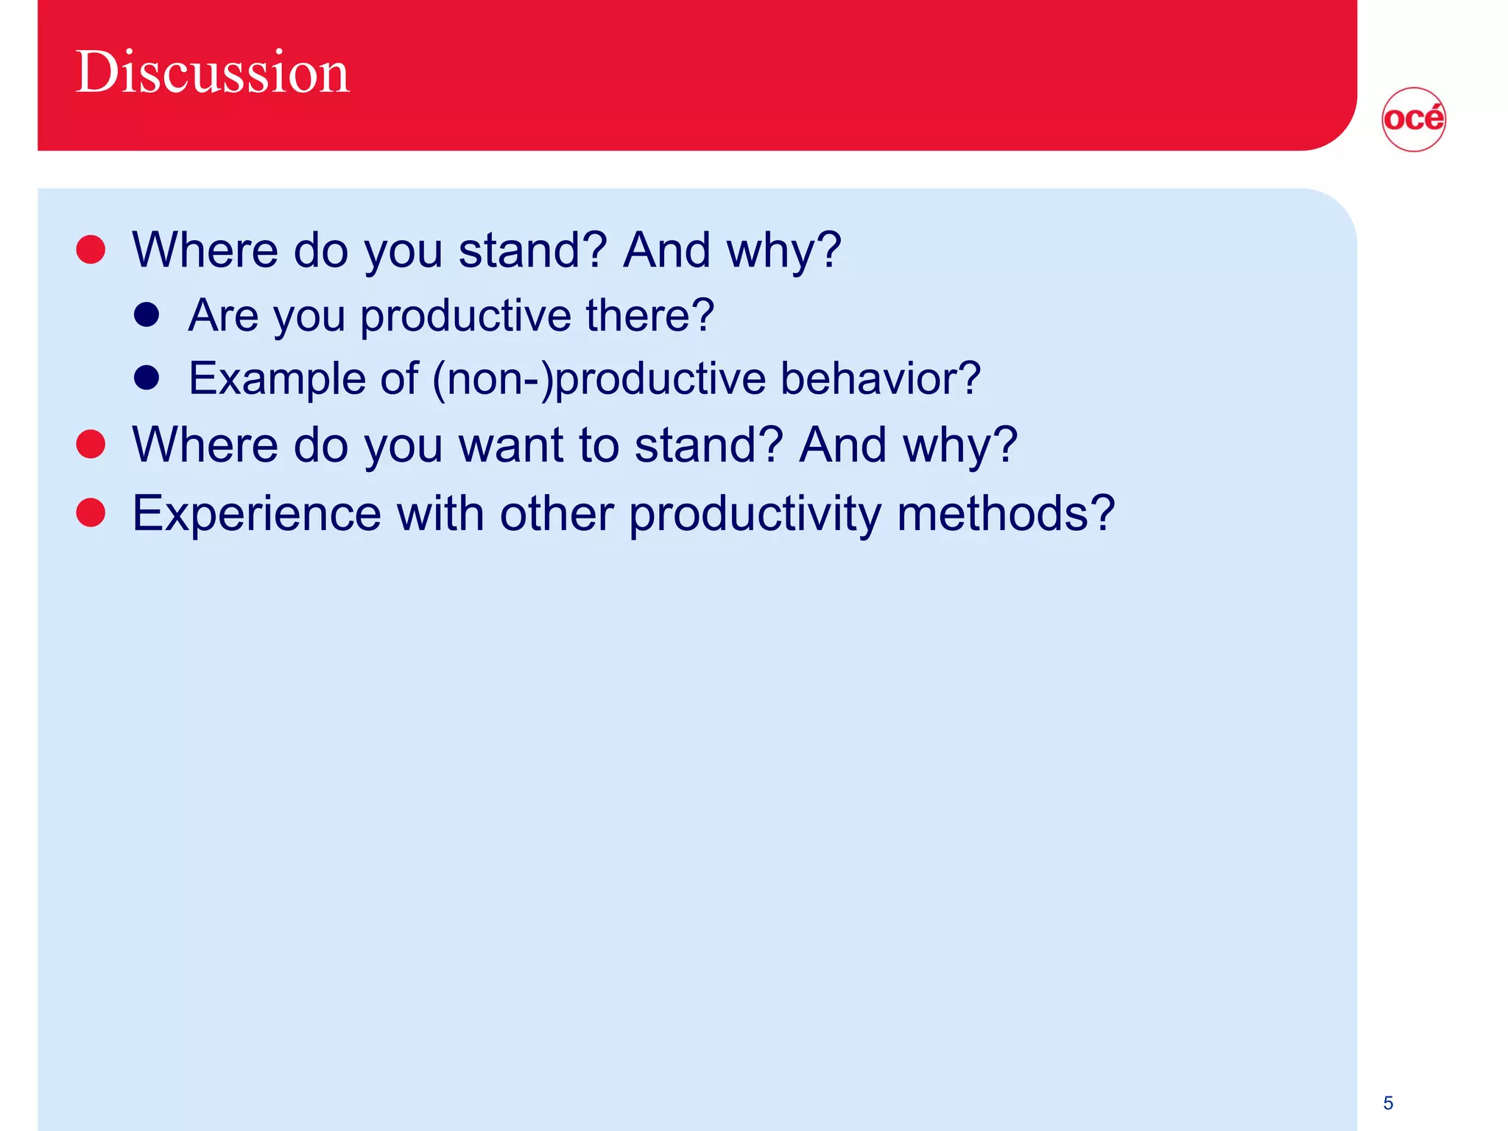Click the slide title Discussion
click(x=212, y=72)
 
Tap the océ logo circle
click(x=1413, y=119)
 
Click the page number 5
click(x=1388, y=1102)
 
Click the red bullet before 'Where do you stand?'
click(x=91, y=249)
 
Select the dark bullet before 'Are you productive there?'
click(x=147, y=314)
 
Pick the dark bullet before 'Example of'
click(x=147, y=378)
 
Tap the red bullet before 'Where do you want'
click(x=91, y=444)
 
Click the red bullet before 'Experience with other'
click(x=91, y=512)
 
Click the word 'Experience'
click(x=256, y=514)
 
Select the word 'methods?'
click(x=1006, y=513)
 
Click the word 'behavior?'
click(x=880, y=378)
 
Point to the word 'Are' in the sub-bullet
click(x=223, y=316)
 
